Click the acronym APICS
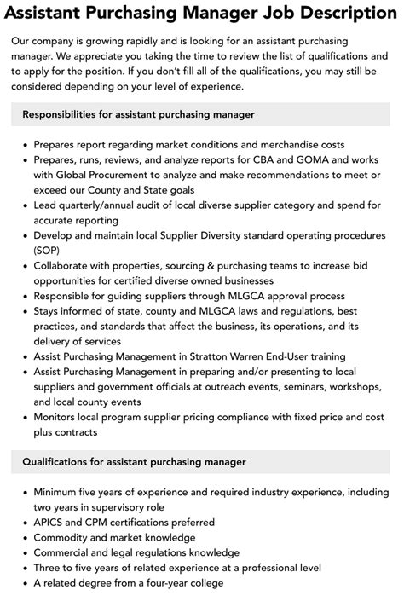click(x=50, y=521)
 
